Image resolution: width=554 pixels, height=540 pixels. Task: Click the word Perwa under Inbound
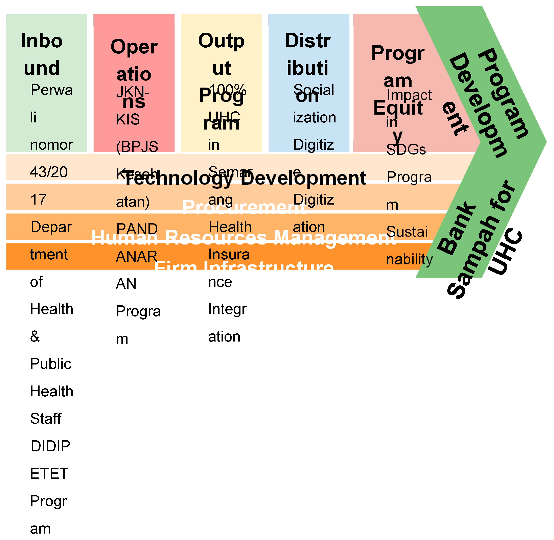52,90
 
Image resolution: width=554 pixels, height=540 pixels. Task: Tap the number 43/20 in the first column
49,172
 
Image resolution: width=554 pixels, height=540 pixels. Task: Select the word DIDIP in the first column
50,446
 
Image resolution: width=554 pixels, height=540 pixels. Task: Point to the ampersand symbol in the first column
35,336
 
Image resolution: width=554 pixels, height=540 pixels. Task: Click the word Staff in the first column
46,419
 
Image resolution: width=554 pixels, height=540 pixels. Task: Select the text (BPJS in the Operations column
137,146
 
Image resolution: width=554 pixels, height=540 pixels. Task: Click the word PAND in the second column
137,229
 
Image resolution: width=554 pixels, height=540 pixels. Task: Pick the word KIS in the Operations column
128,119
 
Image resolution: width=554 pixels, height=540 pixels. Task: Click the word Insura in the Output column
229,254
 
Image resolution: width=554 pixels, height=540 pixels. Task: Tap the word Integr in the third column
227,309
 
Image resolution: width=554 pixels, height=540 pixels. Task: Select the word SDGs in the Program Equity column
406,149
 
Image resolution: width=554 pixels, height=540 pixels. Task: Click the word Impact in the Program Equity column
409,95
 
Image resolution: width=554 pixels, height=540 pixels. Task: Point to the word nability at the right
409,259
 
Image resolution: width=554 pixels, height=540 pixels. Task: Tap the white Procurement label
244,207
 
